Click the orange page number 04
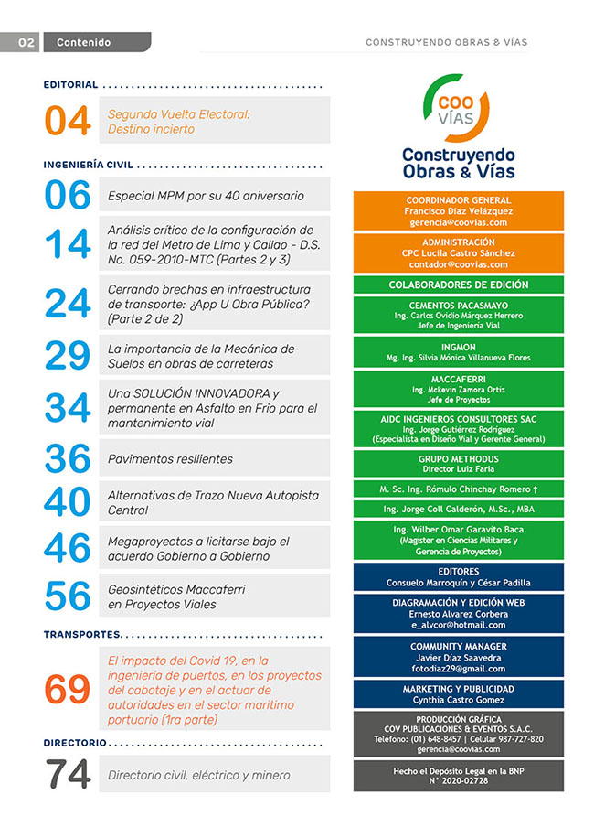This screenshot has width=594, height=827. click(68, 122)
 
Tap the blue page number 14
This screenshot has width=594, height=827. click(68, 244)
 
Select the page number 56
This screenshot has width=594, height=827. click(68, 596)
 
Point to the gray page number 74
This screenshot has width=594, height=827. click(68, 775)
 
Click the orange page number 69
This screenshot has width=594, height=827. click(68, 689)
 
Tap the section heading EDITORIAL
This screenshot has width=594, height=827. click(70, 85)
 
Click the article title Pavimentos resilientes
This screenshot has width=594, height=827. click(170, 459)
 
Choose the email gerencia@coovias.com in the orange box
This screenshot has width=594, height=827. click(458, 222)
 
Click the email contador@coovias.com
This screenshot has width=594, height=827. click(458, 264)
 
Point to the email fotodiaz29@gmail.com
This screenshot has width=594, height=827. click(458, 669)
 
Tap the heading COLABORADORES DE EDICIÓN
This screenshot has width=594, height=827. click(458, 285)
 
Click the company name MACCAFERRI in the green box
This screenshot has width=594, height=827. click(458, 377)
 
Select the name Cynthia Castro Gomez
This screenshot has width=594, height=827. click(458, 700)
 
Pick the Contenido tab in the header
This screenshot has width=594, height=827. click(83, 42)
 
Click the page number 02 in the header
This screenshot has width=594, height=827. click(27, 42)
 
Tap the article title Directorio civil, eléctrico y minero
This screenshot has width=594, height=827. click(198, 776)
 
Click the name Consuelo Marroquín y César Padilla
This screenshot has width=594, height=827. click(458, 582)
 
